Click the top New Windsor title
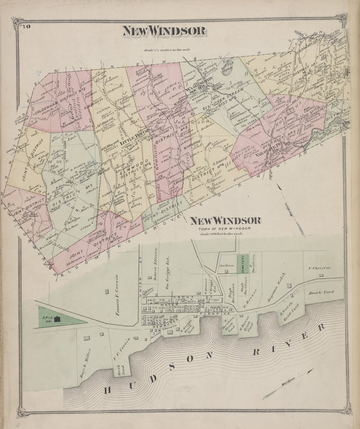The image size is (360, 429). (164, 32)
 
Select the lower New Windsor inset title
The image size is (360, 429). (225, 220)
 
